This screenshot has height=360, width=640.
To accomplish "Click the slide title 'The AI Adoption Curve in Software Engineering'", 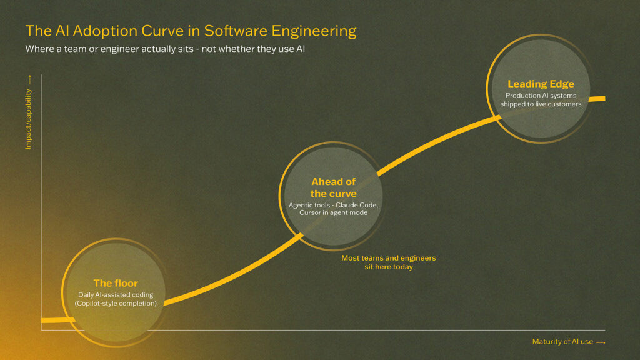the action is [x=191, y=31].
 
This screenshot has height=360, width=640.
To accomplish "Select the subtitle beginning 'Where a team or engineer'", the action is [x=165, y=49].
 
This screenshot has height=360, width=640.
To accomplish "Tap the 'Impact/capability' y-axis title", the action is [x=28, y=119].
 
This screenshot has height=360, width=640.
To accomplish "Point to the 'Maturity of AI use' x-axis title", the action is [x=562, y=342].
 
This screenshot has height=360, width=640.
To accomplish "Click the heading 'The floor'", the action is [x=116, y=283].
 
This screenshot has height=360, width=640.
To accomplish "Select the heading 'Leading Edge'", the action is [x=541, y=84].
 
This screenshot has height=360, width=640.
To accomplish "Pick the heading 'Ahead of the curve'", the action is [x=334, y=187].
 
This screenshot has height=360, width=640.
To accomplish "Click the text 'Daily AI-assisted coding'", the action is [x=116, y=295].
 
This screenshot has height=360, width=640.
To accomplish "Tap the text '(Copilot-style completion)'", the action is [x=116, y=303].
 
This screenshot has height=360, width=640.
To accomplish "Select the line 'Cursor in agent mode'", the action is [x=334, y=212].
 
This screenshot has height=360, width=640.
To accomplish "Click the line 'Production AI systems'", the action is [x=541, y=96].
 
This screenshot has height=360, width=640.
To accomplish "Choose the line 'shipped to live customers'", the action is [x=541, y=104].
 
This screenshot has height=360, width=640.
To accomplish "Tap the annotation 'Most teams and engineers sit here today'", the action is [x=389, y=262].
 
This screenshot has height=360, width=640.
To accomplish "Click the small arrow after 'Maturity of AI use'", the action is [x=601, y=342].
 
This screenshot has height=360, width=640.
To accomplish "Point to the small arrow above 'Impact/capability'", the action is [x=30, y=79].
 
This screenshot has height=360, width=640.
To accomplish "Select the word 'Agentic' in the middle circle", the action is [x=301, y=205].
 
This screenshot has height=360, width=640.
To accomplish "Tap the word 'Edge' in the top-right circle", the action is [x=562, y=84].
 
